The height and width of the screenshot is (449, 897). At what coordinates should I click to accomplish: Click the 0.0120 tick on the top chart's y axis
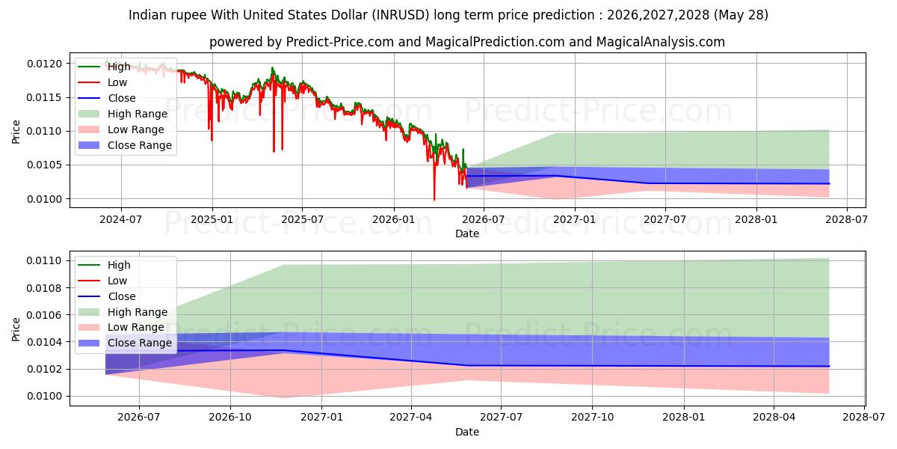point(44,64)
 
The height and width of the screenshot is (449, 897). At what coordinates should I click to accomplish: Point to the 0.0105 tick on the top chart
point(44,165)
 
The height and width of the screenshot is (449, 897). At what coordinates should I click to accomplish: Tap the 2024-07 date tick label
point(121,220)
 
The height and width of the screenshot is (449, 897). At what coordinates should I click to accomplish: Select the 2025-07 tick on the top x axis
point(302,220)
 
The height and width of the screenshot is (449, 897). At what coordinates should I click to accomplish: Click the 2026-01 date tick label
point(394,220)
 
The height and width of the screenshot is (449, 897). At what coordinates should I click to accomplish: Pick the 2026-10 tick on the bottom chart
point(230,418)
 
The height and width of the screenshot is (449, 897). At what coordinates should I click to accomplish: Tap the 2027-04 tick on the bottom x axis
point(411,418)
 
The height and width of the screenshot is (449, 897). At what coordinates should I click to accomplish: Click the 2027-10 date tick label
point(592,418)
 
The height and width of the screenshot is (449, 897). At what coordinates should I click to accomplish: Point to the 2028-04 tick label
point(774,418)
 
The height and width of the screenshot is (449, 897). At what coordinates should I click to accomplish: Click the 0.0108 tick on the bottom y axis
point(44,288)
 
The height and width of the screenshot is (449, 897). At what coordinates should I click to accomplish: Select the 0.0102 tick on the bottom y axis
point(44,369)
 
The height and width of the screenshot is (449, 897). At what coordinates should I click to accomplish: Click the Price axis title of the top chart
point(16,132)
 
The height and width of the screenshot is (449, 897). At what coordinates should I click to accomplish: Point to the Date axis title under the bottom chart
point(467,432)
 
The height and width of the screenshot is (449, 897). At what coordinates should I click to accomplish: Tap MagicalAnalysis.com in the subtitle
point(660,42)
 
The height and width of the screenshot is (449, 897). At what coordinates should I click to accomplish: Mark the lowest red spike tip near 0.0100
point(434,200)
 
